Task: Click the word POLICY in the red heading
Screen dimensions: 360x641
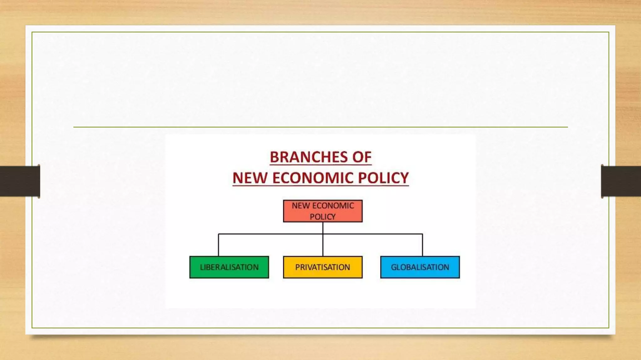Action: pos(383,178)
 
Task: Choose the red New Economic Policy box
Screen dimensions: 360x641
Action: pos(323,211)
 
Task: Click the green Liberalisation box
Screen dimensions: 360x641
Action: pos(229,267)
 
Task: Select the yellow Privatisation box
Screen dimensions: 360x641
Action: pos(323,267)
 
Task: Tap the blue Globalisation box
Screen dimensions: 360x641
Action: pos(420,267)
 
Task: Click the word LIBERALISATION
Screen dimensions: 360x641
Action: pos(229,267)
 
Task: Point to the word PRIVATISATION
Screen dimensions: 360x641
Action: pos(323,267)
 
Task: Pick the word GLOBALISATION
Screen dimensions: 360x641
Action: pos(420,267)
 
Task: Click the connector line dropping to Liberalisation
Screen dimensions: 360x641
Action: pos(218,245)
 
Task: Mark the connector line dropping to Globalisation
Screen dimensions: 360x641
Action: pos(423,245)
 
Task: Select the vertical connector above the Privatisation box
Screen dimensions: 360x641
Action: pos(323,246)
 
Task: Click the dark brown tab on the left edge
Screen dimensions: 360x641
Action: pos(20,181)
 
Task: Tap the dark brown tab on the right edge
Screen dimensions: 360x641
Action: pos(621,181)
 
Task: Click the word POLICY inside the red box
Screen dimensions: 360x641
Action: pos(323,217)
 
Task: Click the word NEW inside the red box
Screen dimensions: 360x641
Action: pos(301,206)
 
